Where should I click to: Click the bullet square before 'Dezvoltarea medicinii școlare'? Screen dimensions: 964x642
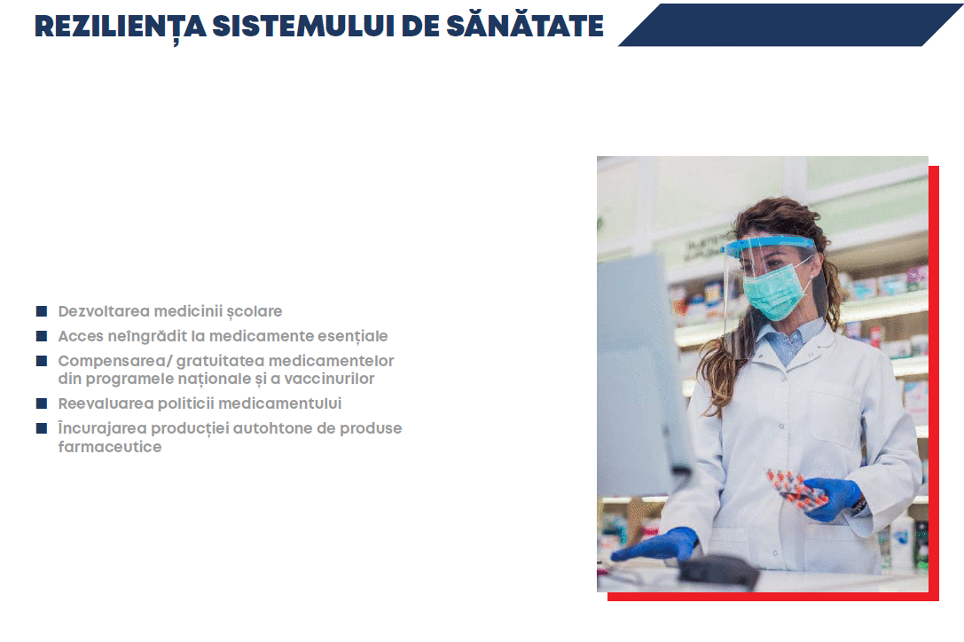(42, 311)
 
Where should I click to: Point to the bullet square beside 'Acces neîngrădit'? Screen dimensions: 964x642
(42, 336)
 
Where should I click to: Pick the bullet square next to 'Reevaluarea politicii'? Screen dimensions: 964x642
(42, 403)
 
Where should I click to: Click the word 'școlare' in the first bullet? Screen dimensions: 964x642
(255, 312)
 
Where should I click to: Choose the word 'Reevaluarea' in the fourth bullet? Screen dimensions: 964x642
(106, 403)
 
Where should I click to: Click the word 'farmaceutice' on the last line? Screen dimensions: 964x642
(110, 447)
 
